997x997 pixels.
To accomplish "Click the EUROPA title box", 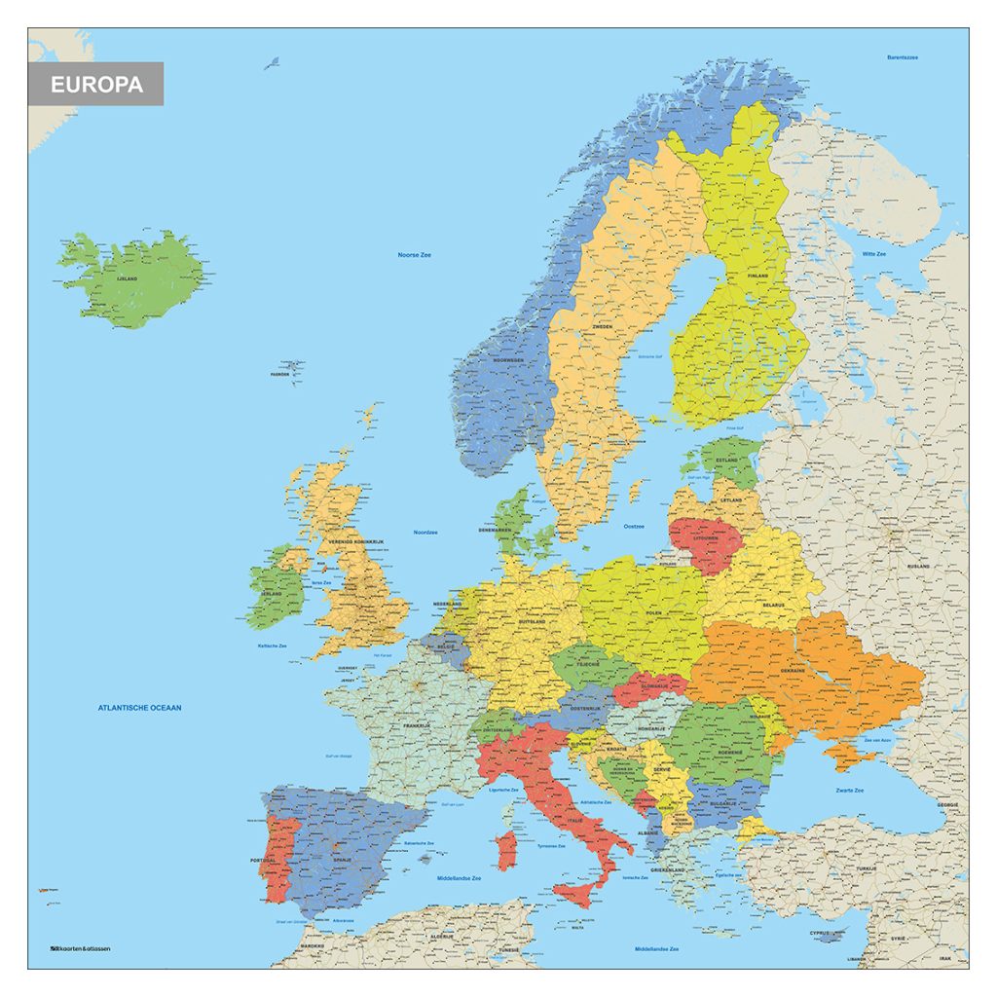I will click(x=95, y=84).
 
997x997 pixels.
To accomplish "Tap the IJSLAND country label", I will click(x=128, y=278).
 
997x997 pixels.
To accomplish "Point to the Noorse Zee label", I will click(x=414, y=255).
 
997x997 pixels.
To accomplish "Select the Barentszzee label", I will click(x=902, y=57).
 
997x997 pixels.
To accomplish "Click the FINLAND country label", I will click(x=757, y=277).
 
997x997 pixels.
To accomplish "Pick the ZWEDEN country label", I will click(x=603, y=327).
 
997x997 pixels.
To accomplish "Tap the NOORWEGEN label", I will click(x=507, y=360).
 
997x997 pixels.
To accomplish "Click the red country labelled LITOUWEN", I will click(x=706, y=537).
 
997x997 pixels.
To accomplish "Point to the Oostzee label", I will click(x=634, y=526).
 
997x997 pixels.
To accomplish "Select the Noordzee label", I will click(x=424, y=533).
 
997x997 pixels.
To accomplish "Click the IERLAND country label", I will click(x=272, y=593).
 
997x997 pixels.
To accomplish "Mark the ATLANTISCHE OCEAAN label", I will click(x=140, y=708).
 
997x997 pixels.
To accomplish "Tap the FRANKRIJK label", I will click(x=417, y=725).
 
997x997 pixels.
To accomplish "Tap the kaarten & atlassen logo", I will click(x=81, y=948).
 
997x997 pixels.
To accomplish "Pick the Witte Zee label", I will click(x=873, y=254).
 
